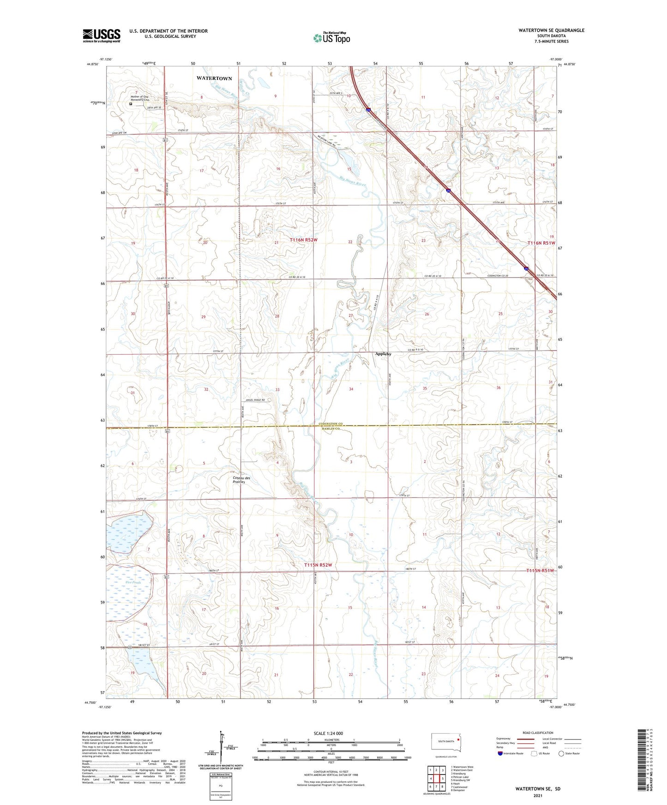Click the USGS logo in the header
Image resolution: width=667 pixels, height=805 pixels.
pyautogui.click(x=102, y=36)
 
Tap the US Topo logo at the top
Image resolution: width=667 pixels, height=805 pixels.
pyautogui.click(x=331, y=38)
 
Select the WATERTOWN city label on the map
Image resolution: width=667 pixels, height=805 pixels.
pyautogui.click(x=214, y=78)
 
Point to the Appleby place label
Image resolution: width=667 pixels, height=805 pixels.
pyautogui.click(x=383, y=354)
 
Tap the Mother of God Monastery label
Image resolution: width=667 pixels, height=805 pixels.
pyautogui.click(x=140, y=98)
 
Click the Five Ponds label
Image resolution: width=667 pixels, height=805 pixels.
pyautogui.click(x=133, y=582)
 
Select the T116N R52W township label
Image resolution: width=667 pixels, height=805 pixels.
pyautogui.click(x=304, y=240)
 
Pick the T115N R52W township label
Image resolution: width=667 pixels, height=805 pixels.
pyautogui.click(x=318, y=565)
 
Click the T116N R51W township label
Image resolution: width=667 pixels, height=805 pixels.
pyautogui.click(x=541, y=243)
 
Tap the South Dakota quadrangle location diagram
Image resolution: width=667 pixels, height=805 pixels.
pyautogui.click(x=445, y=744)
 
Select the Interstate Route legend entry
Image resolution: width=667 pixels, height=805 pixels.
pyautogui.click(x=511, y=753)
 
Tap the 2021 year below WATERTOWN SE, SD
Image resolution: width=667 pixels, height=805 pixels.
pyautogui.click(x=537, y=795)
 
